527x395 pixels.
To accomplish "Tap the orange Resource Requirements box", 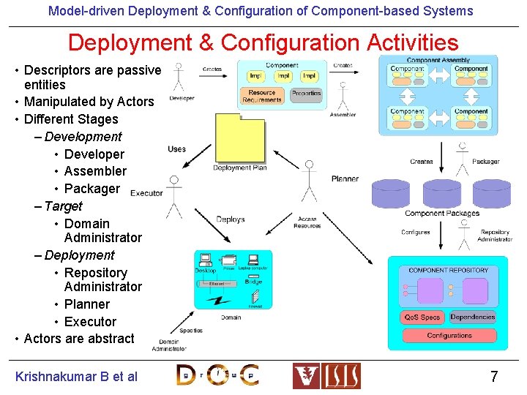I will pyautogui.click(x=262, y=97).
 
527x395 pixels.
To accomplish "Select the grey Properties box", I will pyautogui.click(x=306, y=94).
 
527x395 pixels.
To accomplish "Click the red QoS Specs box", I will pyautogui.click(x=422, y=317).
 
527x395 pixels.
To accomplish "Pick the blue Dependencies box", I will pyautogui.click(x=472, y=317).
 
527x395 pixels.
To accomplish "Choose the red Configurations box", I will pyautogui.click(x=449, y=336).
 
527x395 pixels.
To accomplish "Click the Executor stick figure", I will pyautogui.click(x=173, y=196).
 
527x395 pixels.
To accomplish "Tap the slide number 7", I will pyautogui.click(x=494, y=377).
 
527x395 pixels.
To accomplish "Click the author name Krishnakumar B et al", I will pyautogui.click(x=76, y=377).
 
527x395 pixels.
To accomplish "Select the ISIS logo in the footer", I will pyautogui.click(x=326, y=376).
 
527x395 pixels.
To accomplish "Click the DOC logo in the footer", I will pyautogui.click(x=217, y=375).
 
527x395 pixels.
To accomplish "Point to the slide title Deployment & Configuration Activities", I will pyautogui.click(x=263, y=43).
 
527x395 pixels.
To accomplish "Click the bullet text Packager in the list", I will pyautogui.click(x=91, y=189).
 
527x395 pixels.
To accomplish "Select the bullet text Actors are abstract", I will pyautogui.click(x=79, y=339).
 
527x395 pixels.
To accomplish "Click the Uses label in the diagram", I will pyautogui.click(x=176, y=149).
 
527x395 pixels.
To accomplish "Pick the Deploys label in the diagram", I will pyautogui.click(x=231, y=219).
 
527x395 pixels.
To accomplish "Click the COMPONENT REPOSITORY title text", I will pyautogui.click(x=448, y=271).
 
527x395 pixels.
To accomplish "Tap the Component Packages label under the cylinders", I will pyautogui.click(x=441, y=214).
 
